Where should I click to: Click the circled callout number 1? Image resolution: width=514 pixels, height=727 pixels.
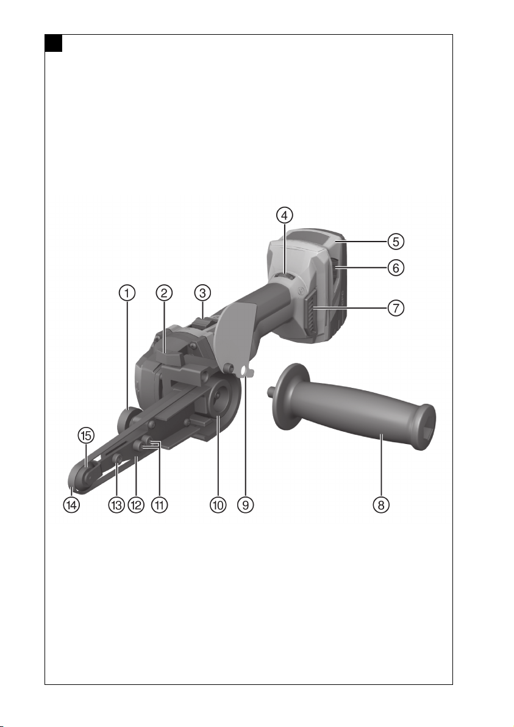click(127, 293)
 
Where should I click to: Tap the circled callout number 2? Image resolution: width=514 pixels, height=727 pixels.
click(164, 293)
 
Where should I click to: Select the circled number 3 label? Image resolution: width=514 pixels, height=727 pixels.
click(202, 293)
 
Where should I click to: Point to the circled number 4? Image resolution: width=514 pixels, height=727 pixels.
click(285, 215)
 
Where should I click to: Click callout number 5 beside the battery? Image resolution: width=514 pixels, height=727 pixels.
click(396, 242)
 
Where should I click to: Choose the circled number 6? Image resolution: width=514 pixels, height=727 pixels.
click(396, 268)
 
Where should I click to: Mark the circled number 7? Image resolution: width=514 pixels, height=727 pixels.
click(396, 308)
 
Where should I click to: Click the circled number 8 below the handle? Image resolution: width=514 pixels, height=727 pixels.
click(381, 505)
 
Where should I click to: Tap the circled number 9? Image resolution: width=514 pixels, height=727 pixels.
click(246, 505)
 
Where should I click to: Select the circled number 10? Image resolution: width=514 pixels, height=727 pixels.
click(218, 505)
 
